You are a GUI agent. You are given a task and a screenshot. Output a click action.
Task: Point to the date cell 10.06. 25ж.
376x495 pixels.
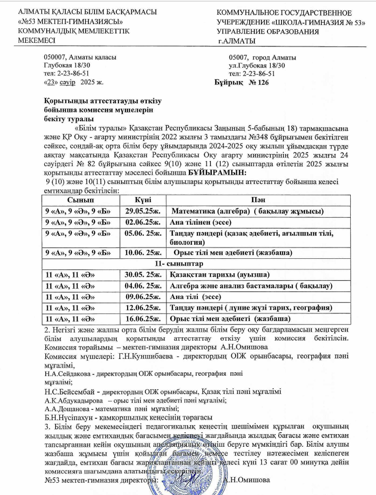point(143,253)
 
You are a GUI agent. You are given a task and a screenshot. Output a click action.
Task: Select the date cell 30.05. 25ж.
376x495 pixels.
point(143,275)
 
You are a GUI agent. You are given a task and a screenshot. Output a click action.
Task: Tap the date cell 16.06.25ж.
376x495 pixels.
point(143,319)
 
